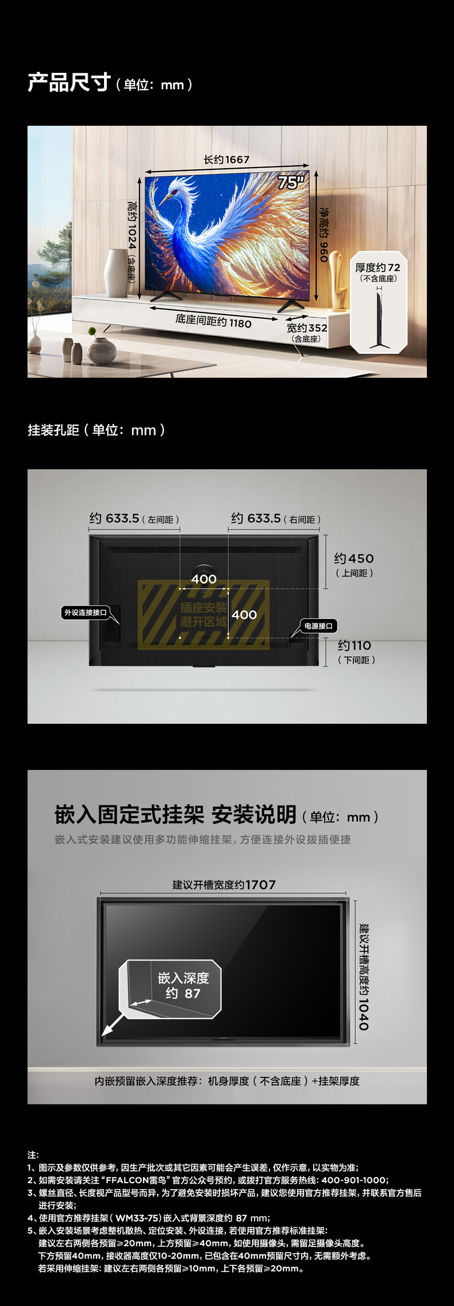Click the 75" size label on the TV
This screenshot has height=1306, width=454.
click(x=291, y=183)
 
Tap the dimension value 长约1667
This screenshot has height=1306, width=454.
click(x=226, y=160)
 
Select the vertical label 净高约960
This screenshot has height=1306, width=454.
click(x=324, y=235)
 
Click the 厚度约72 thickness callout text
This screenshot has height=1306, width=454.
click(x=378, y=268)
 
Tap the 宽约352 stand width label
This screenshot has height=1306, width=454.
click(x=307, y=328)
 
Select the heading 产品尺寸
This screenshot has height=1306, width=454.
click(x=69, y=83)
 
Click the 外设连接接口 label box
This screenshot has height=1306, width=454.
click(x=86, y=613)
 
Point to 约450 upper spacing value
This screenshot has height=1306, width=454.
click(x=353, y=559)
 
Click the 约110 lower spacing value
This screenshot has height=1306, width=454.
click(x=355, y=646)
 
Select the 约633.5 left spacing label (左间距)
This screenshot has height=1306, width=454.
click(x=134, y=518)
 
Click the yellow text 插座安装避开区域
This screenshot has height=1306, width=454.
click(x=203, y=614)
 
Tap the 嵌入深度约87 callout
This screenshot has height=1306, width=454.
click(x=183, y=986)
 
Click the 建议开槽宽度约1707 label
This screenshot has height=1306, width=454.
click(x=224, y=885)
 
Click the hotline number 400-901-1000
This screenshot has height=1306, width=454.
click(x=354, y=1180)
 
